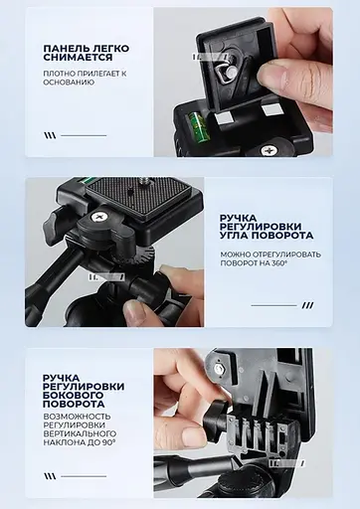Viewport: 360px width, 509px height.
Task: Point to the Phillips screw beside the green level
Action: (269, 151)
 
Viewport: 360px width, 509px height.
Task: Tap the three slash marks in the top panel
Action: (50, 134)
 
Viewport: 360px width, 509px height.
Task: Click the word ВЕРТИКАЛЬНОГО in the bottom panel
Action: (80, 434)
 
